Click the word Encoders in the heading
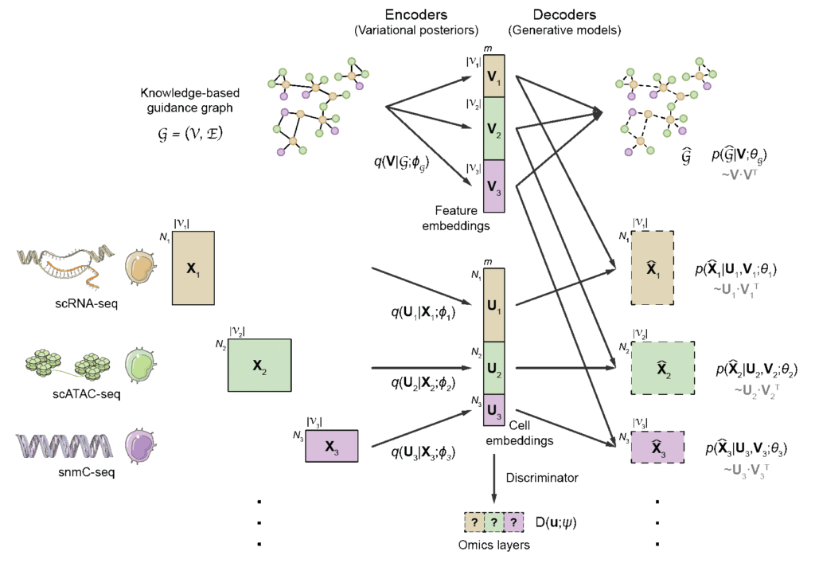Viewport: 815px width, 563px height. (415, 15)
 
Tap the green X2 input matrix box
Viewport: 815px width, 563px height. (259, 365)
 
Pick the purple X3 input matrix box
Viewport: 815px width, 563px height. (332, 444)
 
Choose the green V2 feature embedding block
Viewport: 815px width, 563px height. (495, 127)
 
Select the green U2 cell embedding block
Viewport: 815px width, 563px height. (495, 368)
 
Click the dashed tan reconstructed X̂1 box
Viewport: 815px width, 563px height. (653, 271)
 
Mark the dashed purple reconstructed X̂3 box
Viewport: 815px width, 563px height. (657, 447)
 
